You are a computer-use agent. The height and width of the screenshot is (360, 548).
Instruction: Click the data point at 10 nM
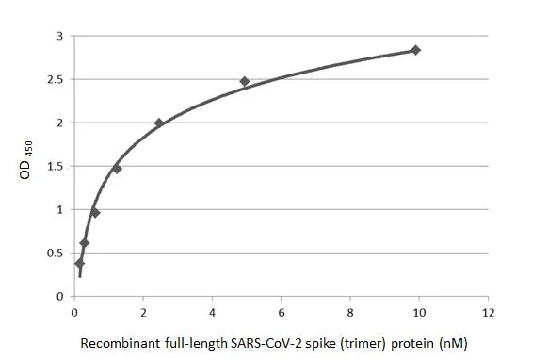pyautogui.click(x=415, y=50)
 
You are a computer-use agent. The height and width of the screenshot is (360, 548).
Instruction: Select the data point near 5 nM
pyautogui.click(x=245, y=82)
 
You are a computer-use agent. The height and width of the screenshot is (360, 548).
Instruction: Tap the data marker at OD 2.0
pyautogui.click(x=159, y=123)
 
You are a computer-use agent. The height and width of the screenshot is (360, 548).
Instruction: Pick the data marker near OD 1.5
pyautogui.click(x=117, y=169)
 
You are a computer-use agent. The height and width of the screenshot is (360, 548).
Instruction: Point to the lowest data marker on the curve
pyautogui.click(x=79, y=263)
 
